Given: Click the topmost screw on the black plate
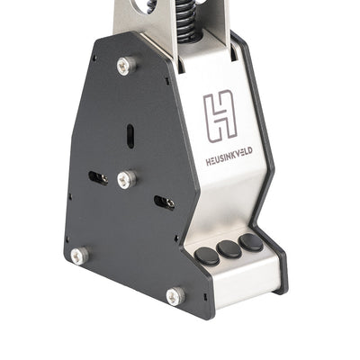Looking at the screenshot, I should [x=126, y=66].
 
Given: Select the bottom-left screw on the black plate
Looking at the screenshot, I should [x=79, y=256].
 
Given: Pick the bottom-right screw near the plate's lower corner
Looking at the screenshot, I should [x=175, y=295].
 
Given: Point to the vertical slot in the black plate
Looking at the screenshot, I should [x=130, y=135].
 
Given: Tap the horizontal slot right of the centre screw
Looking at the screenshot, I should [x=164, y=202].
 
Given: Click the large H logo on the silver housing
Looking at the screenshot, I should [x=220, y=115].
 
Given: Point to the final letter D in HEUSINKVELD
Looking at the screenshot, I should [x=249, y=150].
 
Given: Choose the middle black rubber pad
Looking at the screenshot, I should [x=229, y=248].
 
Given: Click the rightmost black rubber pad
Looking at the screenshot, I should [x=251, y=242].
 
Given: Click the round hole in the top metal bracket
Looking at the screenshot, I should [x=147, y=4].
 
